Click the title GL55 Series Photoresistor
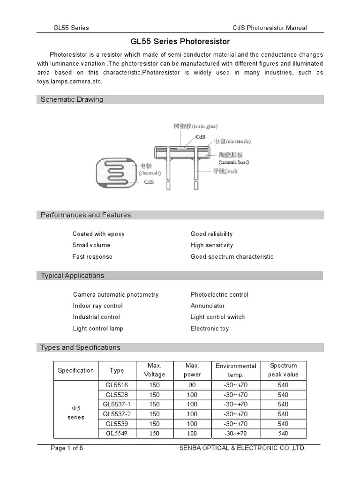(180, 42)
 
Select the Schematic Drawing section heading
(72, 99)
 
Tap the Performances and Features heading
(86, 215)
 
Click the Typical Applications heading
(72, 276)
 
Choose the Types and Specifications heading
(80, 347)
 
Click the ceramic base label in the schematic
(233, 158)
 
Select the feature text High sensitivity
(211, 245)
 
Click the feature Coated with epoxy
(98, 234)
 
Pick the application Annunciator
(207, 306)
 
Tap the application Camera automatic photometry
(116, 294)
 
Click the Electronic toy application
(210, 329)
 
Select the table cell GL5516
(117, 385)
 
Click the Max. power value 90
(192, 385)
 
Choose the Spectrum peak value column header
(283, 370)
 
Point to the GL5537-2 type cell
(117, 414)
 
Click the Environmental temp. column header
(236, 370)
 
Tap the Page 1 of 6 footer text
(67, 448)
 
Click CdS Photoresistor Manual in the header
(270, 28)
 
